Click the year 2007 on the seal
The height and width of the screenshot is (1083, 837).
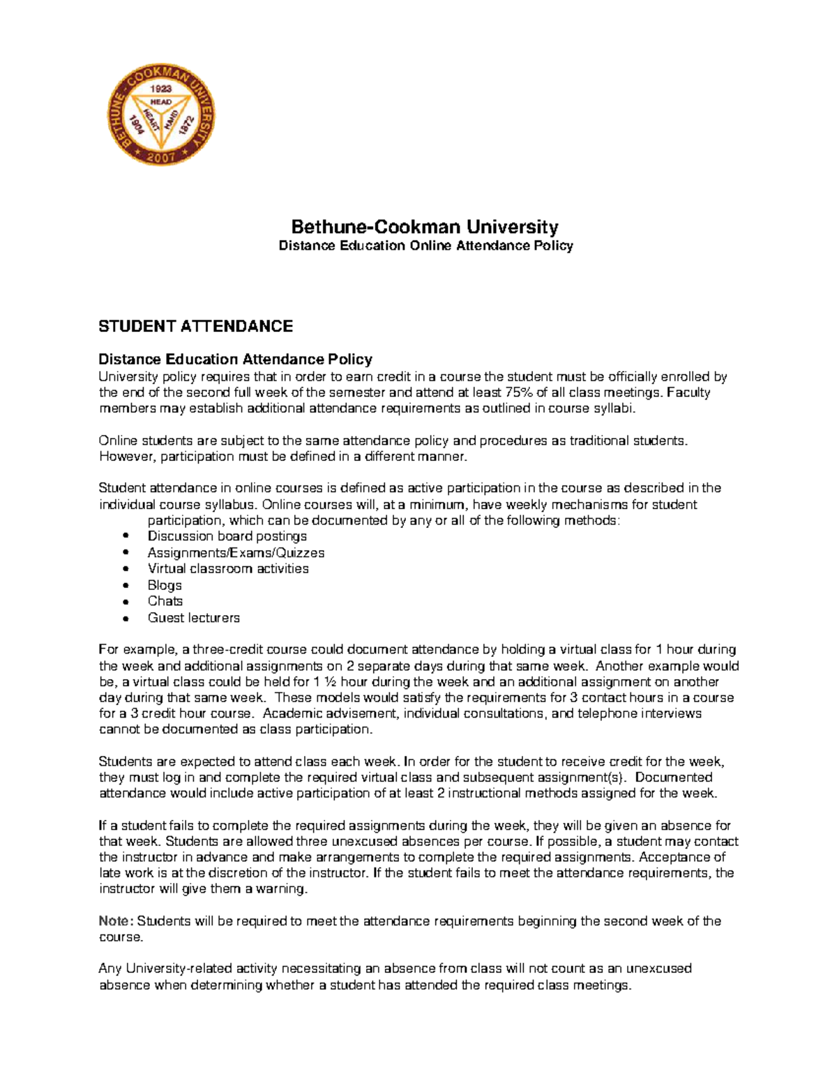(160, 157)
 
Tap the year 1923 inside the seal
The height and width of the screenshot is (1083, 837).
(161, 89)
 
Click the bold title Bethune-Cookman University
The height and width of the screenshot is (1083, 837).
(425, 227)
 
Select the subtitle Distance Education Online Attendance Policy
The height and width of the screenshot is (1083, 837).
(425, 245)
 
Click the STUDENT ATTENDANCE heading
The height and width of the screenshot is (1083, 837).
(195, 326)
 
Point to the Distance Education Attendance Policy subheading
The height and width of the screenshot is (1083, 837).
(235, 359)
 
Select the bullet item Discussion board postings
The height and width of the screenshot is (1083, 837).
(227, 536)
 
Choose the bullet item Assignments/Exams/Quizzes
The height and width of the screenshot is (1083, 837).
(236, 553)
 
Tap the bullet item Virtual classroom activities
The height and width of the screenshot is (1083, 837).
(228, 569)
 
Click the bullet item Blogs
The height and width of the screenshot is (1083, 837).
(165, 586)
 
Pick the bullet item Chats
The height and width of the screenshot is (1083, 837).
(165, 601)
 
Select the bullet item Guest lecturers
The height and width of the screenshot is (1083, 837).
(193, 618)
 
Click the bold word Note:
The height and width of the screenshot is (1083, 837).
(116, 921)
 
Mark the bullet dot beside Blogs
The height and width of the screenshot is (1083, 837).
(126, 586)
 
